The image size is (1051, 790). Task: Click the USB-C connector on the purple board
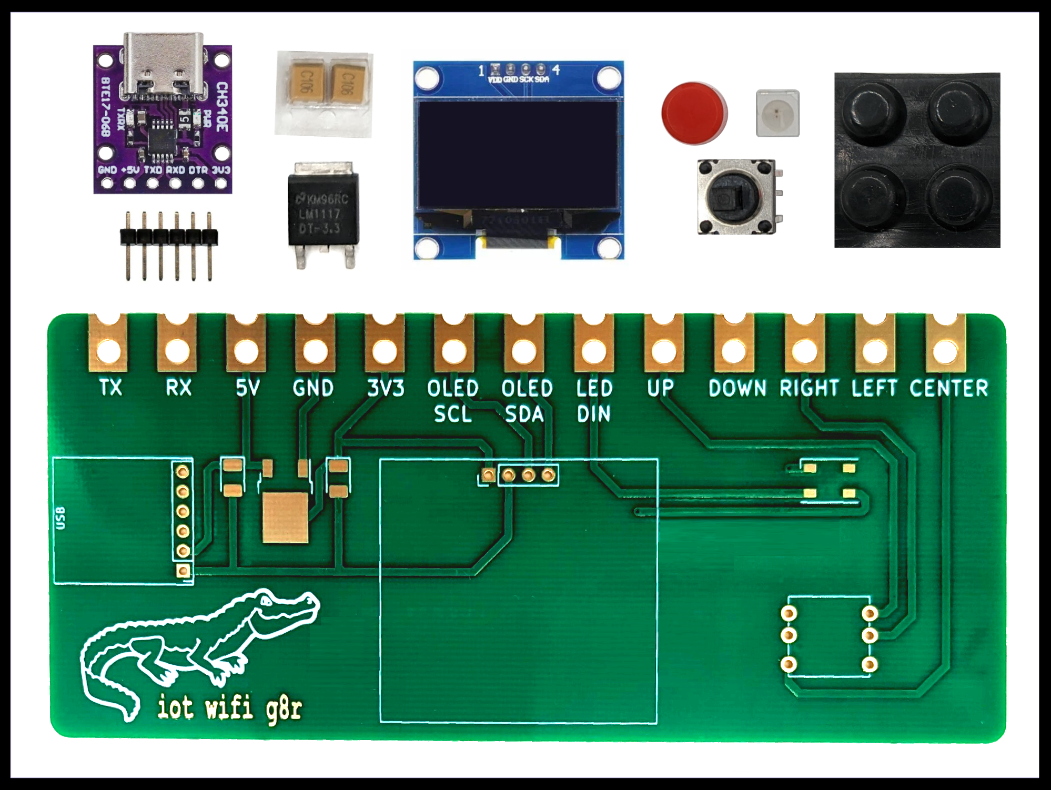tap(163, 66)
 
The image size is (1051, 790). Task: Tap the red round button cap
tap(694, 112)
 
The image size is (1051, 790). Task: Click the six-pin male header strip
tap(168, 237)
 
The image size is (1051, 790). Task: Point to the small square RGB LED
tap(777, 113)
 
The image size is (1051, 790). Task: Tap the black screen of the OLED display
tap(518, 155)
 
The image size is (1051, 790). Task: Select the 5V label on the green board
tap(247, 388)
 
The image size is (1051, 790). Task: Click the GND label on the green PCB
tap(314, 388)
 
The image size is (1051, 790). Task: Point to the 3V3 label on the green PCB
tap(386, 388)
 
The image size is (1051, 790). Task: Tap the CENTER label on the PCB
tap(948, 388)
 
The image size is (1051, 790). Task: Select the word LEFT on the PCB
tap(874, 388)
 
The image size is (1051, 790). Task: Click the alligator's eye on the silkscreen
tap(267, 600)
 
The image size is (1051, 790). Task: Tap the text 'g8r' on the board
tap(284, 709)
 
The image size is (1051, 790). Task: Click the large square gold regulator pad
tap(285, 518)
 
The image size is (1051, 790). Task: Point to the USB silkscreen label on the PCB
tap(60, 518)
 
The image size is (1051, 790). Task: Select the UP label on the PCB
tap(660, 388)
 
